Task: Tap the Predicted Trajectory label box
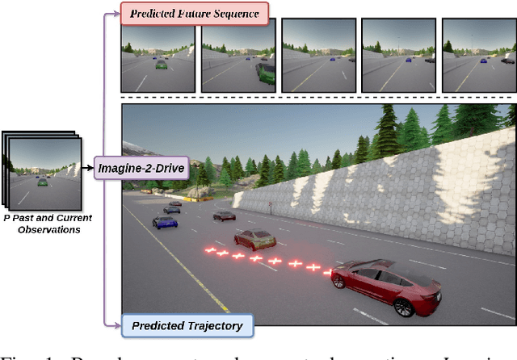click(187, 325)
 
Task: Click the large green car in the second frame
click(265, 73)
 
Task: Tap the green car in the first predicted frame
click(161, 63)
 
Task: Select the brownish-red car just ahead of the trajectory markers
click(254, 239)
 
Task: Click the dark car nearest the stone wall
click(224, 216)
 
